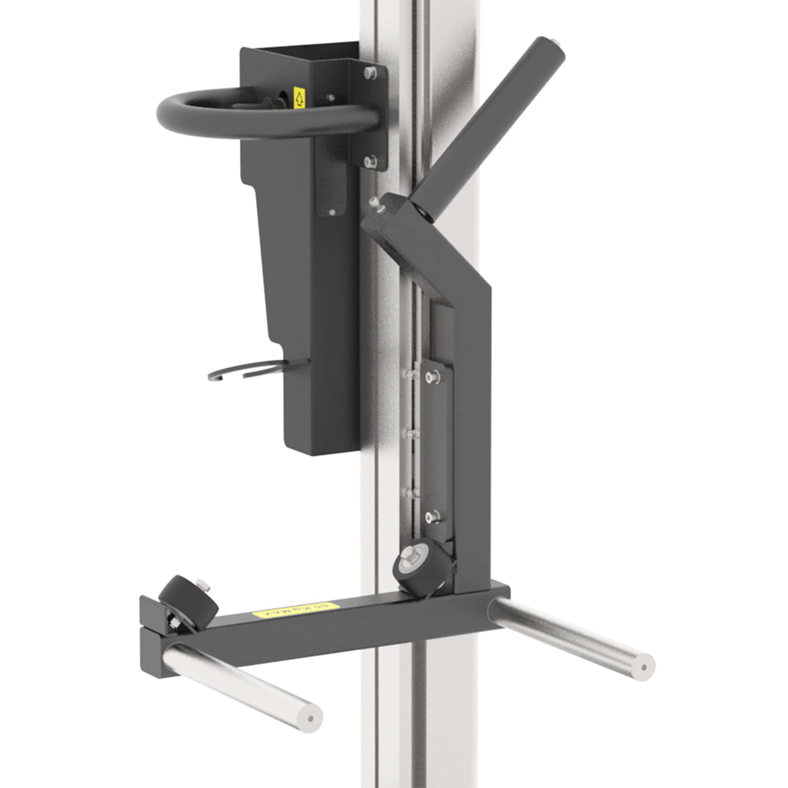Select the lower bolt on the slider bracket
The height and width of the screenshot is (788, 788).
[x=432, y=517]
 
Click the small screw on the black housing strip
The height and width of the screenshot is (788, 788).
[x=332, y=212]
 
